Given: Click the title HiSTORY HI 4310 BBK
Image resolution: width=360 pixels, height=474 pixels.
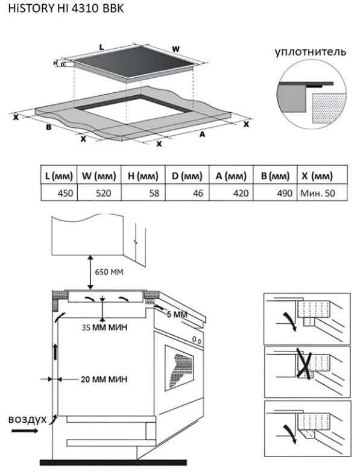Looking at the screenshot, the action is click(x=66, y=8).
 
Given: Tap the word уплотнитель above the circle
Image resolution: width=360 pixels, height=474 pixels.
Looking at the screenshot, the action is click(x=311, y=52).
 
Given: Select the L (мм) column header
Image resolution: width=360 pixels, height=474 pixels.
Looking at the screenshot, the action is click(x=59, y=175).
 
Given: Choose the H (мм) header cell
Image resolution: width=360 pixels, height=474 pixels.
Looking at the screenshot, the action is click(x=143, y=175).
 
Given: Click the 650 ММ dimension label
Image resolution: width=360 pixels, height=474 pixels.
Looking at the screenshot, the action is click(x=109, y=272).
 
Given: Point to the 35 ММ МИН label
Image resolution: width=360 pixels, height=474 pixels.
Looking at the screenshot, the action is click(x=104, y=327).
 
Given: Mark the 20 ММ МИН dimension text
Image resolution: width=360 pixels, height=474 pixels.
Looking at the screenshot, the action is click(x=104, y=379).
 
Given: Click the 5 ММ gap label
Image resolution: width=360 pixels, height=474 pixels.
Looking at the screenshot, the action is click(x=177, y=314).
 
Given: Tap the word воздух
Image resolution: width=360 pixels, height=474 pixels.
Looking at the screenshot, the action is click(x=28, y=420).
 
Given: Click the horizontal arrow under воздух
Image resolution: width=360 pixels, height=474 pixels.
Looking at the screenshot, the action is click(x=25, y=431).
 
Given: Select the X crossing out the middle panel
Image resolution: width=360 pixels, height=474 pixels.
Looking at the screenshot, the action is click(x=305, y=364).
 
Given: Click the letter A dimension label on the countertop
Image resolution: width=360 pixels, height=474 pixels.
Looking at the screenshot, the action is click(x=202, y=134).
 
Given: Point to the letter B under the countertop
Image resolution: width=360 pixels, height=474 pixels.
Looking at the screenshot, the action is click(x=48, y=127).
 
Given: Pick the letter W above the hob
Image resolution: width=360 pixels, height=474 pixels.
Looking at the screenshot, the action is click(x=175, y=49).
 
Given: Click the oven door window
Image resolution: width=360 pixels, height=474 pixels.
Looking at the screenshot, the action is click(x=180, y=368).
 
